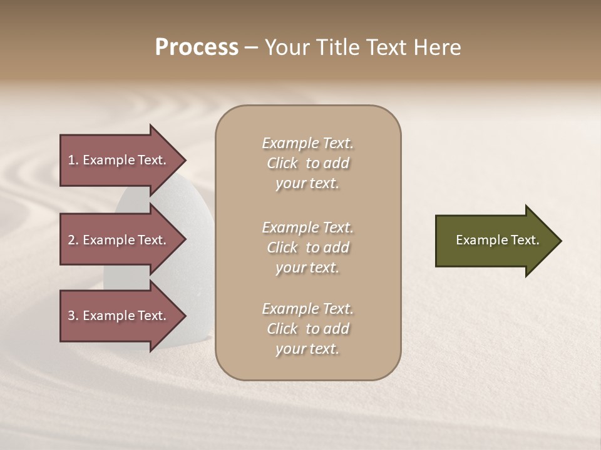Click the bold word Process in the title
[x=197, y=47]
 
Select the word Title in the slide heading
[x=338, y=47]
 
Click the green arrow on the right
[x=495, y=241]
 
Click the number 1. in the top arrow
[x=73, y=160]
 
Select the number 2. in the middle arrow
[x=73, y=240]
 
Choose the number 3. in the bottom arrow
[x=73, y=316]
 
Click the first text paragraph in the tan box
[x=307, y=163]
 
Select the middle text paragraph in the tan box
[x=307, y=247]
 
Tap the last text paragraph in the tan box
[x=307, y=329]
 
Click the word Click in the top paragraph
[x=282, y=163]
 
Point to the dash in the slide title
[x=251, y=47]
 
